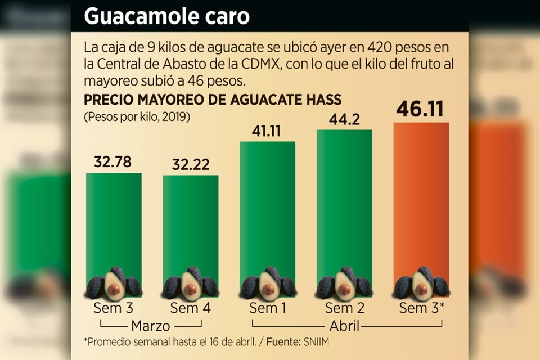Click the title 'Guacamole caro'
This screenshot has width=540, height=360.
coord(166,16)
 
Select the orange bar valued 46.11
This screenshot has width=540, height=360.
coord(421,197)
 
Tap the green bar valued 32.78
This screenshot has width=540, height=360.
coord(114,225)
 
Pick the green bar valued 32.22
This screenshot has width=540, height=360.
coord(191,225)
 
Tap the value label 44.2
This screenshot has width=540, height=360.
coord(344,119)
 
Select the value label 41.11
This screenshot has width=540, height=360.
coord(267,131)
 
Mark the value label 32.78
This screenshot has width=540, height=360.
coord(113,163)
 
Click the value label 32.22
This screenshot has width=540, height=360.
coord(191,165)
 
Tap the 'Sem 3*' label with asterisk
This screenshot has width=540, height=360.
coord(421,308)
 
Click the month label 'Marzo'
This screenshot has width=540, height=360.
coord(151,326)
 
